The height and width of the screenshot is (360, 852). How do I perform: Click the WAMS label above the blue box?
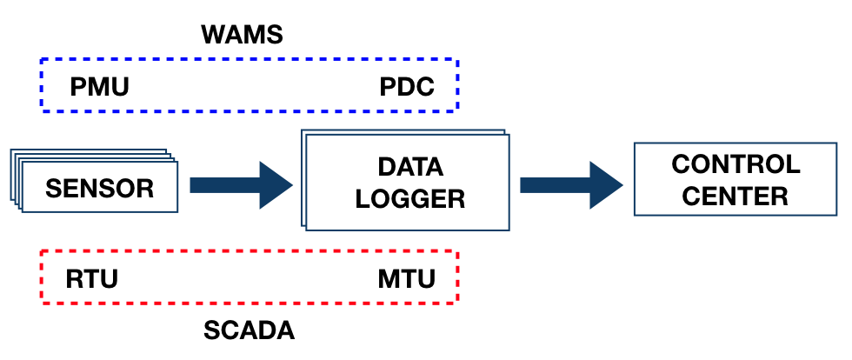click(x=243, y=36)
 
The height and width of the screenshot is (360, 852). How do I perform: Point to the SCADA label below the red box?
click(x=249, y=331)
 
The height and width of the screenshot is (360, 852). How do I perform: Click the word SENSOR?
click(x=99, y=188)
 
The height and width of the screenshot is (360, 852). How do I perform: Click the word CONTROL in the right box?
click(x=736, y=164)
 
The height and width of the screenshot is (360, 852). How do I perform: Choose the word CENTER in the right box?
click(x=736, y=196)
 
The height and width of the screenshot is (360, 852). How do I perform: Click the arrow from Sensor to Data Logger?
click(x=239, y=184)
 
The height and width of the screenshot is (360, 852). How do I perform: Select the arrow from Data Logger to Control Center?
click(x=569, y=184)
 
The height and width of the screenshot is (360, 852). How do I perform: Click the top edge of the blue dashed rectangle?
click(x=249, y=60)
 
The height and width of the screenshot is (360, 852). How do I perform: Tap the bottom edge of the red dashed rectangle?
click(x=249, y=303)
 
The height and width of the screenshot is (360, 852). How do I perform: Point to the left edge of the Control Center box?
click(x=635, y=180)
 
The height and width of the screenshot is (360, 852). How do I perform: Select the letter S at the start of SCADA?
click(x=211, y=331)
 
